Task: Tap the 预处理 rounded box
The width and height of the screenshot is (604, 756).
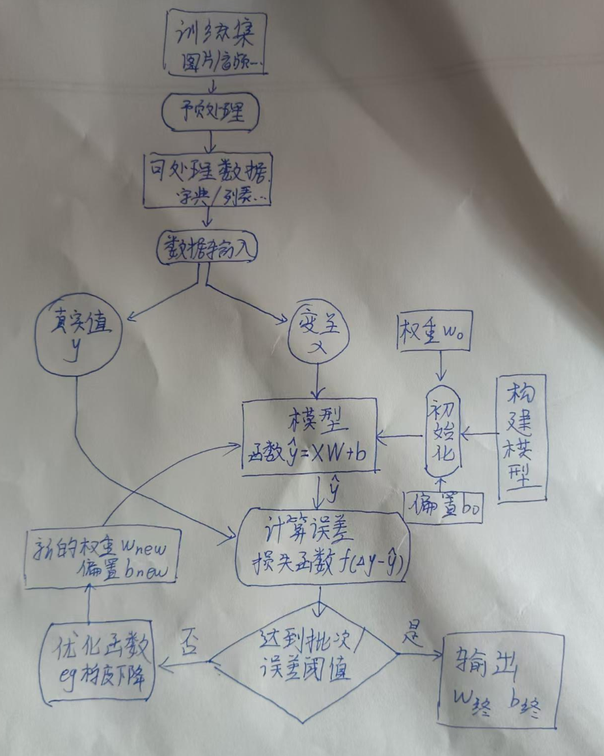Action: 210,112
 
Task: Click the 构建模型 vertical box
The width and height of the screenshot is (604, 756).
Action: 521,438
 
